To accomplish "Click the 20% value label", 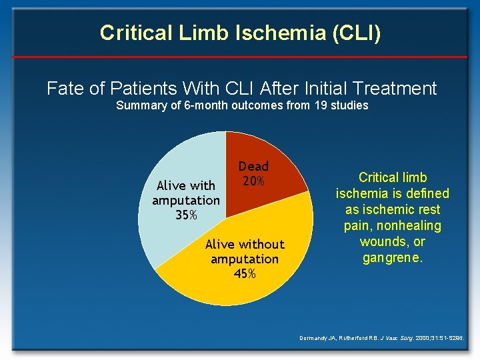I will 253,181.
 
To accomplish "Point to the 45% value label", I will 245,274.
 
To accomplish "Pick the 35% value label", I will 185,215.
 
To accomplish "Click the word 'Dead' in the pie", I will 253,167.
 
